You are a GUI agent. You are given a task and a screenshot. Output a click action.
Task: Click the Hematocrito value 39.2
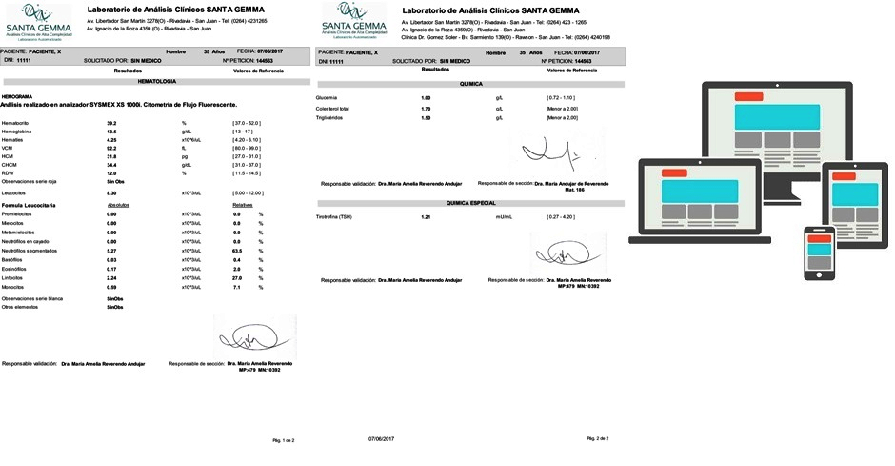111,124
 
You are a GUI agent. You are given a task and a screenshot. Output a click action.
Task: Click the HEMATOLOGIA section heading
158,82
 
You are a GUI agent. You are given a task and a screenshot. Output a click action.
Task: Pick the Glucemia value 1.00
426,98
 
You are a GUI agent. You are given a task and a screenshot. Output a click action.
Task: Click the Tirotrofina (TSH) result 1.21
426,217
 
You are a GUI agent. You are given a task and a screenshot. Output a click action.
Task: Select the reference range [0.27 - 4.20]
560,217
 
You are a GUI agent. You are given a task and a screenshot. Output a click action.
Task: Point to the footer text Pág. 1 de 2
284,441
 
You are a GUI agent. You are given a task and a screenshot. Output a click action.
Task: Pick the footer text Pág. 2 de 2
596,438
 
